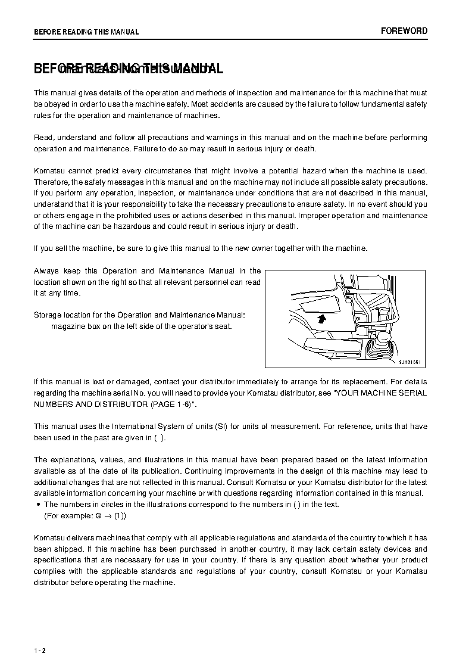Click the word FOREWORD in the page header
pos(404,31)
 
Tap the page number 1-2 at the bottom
pos(40,651)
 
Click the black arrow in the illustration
pos(322,319)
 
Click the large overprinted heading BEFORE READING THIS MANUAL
pos(129,69)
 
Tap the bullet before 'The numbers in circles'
pos(38,505)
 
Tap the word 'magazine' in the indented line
pos(67,326)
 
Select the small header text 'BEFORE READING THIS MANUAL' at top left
pos(86,32)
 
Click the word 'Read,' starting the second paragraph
pos(45,138)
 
